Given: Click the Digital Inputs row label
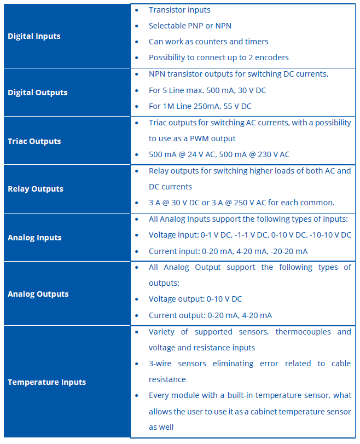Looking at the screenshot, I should [x=34, y=36].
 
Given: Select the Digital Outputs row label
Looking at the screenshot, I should [x=37, y=93].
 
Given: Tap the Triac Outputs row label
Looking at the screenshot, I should [x=34, y=141].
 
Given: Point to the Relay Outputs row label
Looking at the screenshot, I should [x=35, y=189].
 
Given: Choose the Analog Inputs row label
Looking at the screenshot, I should [x=34, y=238].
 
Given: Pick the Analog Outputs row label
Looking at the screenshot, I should [x=38, y=294].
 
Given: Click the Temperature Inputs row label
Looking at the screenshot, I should [x=47, y=382].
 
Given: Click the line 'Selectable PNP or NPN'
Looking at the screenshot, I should [x=194, y=26].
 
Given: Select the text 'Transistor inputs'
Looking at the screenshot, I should [x=179, y=10].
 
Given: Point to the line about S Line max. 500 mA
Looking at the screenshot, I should [x=207, y=90].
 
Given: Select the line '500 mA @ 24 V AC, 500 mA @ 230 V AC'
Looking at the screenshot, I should [x=219, y=154].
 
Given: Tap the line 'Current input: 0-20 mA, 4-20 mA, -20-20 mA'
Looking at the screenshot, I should [x=228, y=251].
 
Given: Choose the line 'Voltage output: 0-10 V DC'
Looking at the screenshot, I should [x=195, y=299].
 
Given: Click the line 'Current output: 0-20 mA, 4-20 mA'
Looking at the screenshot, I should [x=210, y=315].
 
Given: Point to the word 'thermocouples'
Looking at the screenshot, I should [x=301, y=332].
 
